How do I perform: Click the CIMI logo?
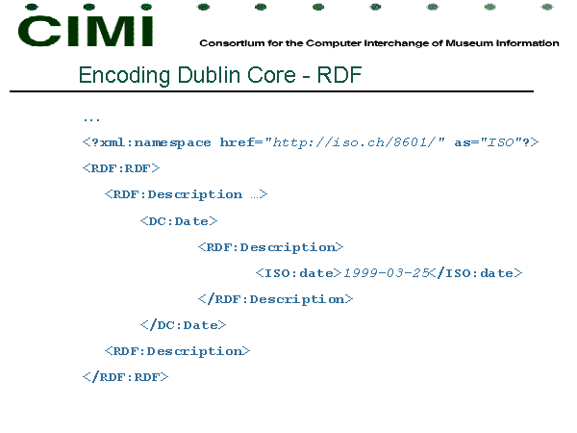pos(86,31)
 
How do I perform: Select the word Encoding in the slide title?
pos(124,75)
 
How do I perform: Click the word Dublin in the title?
pos(209,75)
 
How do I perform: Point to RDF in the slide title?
pos(339,75)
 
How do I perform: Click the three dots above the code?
pos(91,119)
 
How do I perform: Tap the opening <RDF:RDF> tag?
pos(121,168)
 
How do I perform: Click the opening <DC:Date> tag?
pos(179,221)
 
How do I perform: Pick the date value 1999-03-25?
pos(387,273)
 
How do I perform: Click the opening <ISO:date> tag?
pos(298,273)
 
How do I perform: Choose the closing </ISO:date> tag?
pos(476,273)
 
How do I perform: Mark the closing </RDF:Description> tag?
pos(275,299)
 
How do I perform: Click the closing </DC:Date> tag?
pos(183,325)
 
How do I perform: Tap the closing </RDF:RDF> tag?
pos(125,377)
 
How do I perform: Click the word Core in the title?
pos(271,75)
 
